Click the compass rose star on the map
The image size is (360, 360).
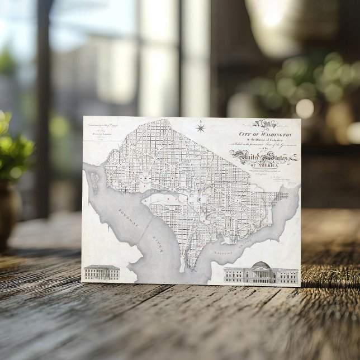click(x=200, y=128)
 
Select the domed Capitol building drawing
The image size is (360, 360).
click(x=261, y=273)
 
